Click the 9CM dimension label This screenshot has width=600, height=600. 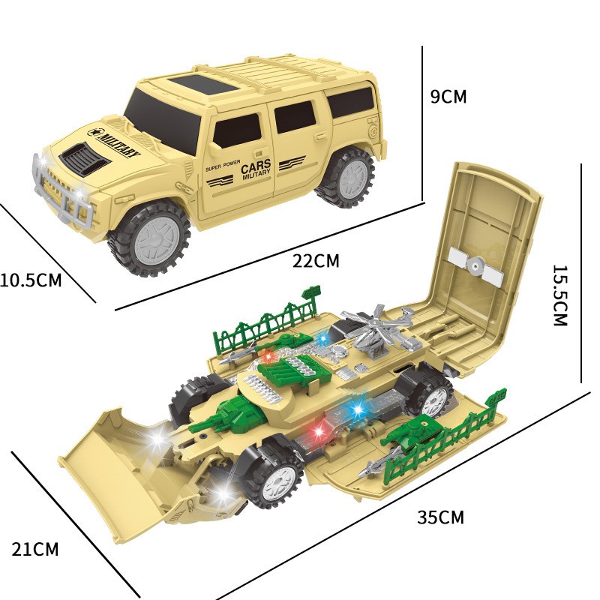pos(448,97)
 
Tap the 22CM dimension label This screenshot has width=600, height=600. pos(316,261)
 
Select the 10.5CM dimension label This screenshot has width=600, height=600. pos(31,280)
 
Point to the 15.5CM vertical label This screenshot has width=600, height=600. pos(559,295)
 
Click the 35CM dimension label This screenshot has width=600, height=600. pos(440,517)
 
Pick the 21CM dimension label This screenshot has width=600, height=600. pos(35,550)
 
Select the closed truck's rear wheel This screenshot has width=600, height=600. pos(346,178)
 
